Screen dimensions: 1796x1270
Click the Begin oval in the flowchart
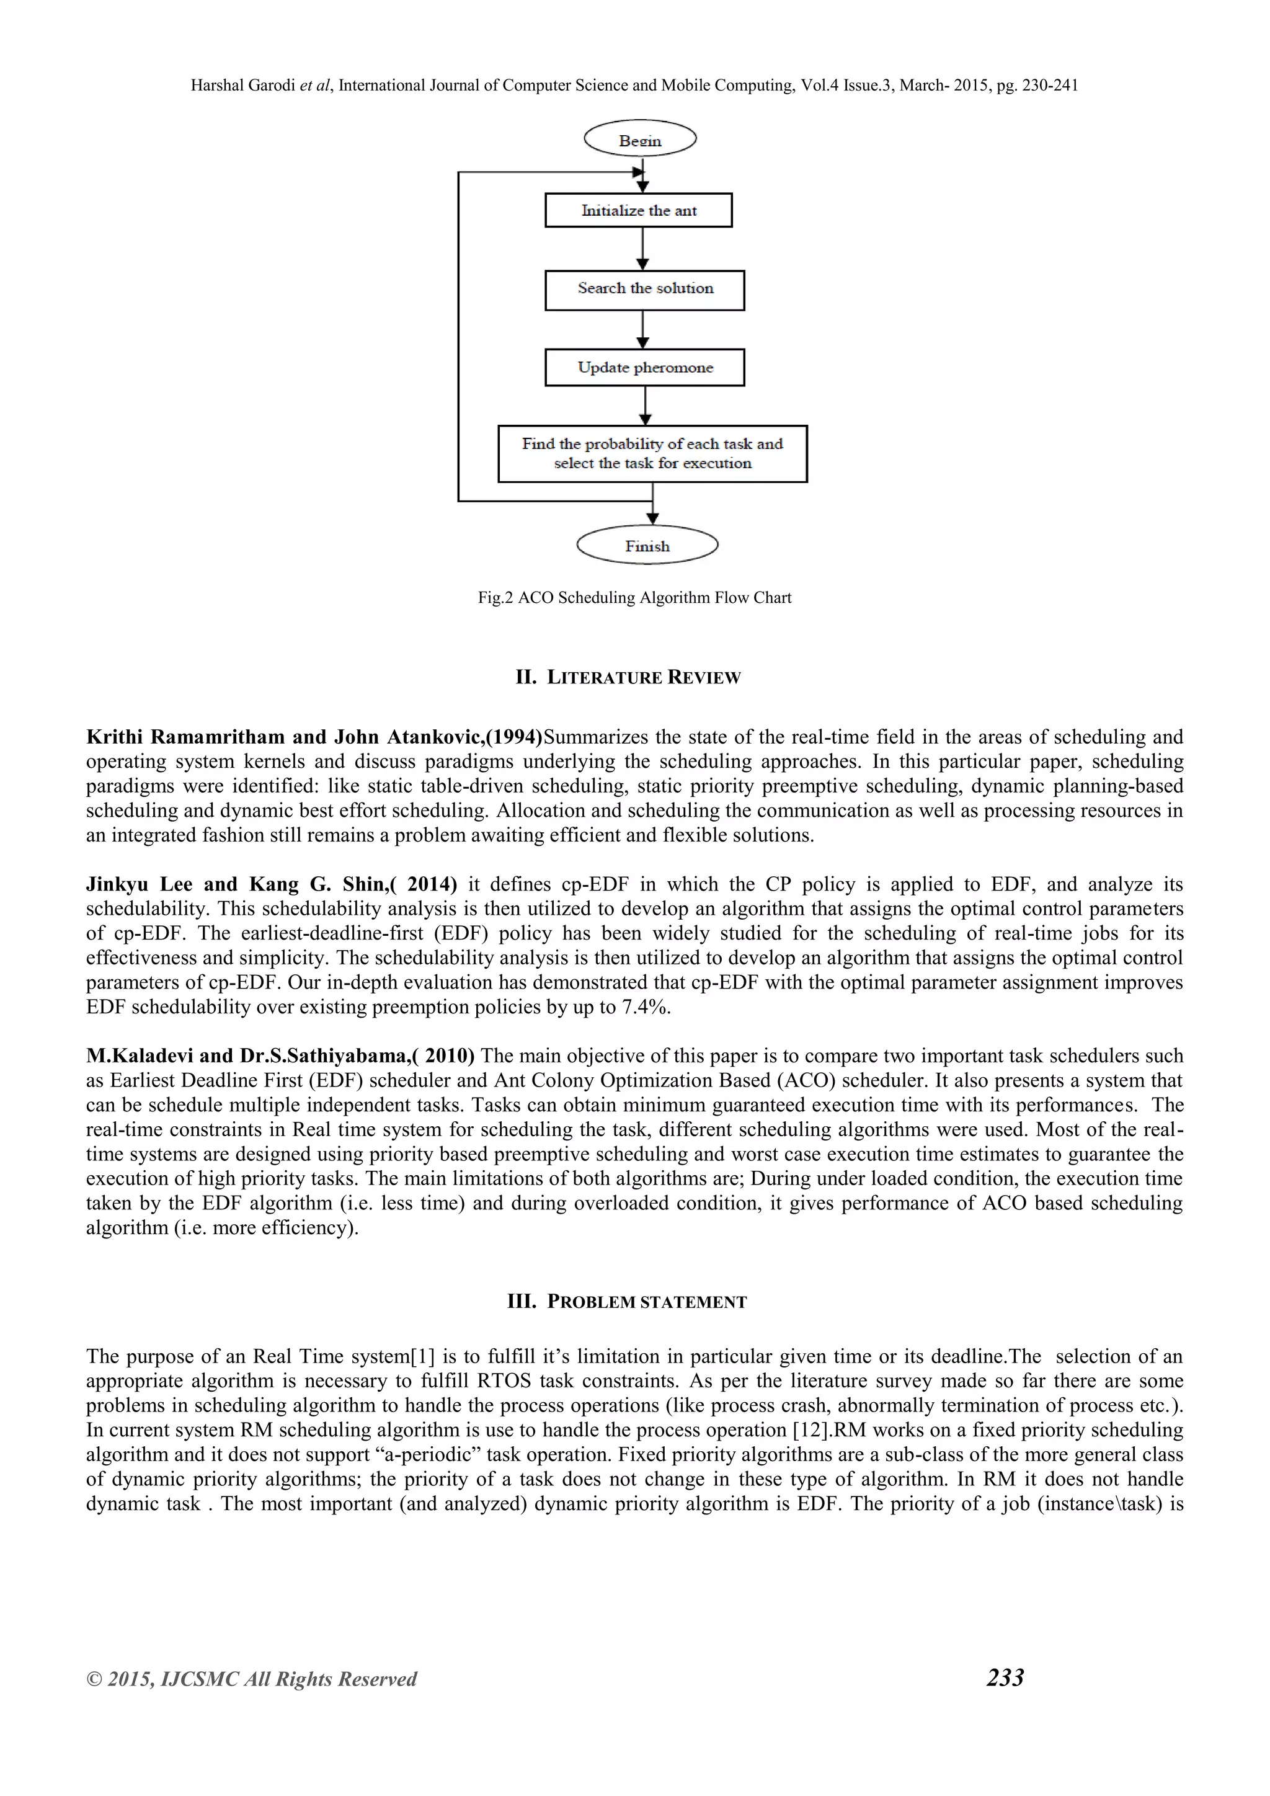tap(640, 140)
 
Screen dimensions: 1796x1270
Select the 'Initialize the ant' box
tap(638, 210)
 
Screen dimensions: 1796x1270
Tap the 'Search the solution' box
tap(644, 290)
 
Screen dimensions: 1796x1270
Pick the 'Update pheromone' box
tap(644, 368)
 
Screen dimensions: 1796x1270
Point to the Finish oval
tap(647, 546)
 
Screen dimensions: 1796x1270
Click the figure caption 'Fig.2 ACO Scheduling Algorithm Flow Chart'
tap(634, 598)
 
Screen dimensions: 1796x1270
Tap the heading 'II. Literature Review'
tap(628, 677)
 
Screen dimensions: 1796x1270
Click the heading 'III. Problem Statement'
tap(627, 1302)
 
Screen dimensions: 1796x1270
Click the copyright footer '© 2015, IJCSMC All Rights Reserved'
tap(251, 1679)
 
